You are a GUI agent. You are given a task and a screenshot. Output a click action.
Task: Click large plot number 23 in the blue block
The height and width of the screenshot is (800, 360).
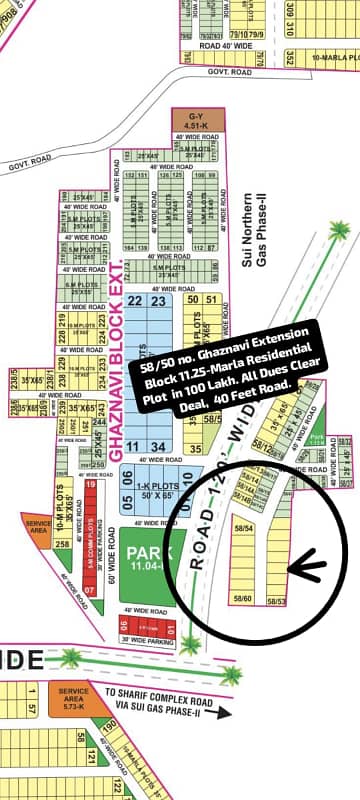pos(158,301)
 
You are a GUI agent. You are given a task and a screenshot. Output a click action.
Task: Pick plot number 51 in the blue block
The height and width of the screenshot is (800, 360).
pos(211,299)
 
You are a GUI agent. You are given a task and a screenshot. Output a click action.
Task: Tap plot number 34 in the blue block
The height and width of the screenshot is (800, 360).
pos(159,446)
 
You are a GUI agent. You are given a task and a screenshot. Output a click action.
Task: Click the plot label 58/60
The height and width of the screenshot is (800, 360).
pos(241,598)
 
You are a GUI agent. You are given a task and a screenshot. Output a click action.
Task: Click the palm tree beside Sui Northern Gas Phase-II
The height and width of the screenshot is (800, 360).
pos(339,231)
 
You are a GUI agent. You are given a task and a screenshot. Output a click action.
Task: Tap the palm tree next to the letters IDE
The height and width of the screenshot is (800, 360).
pos(71,658)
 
